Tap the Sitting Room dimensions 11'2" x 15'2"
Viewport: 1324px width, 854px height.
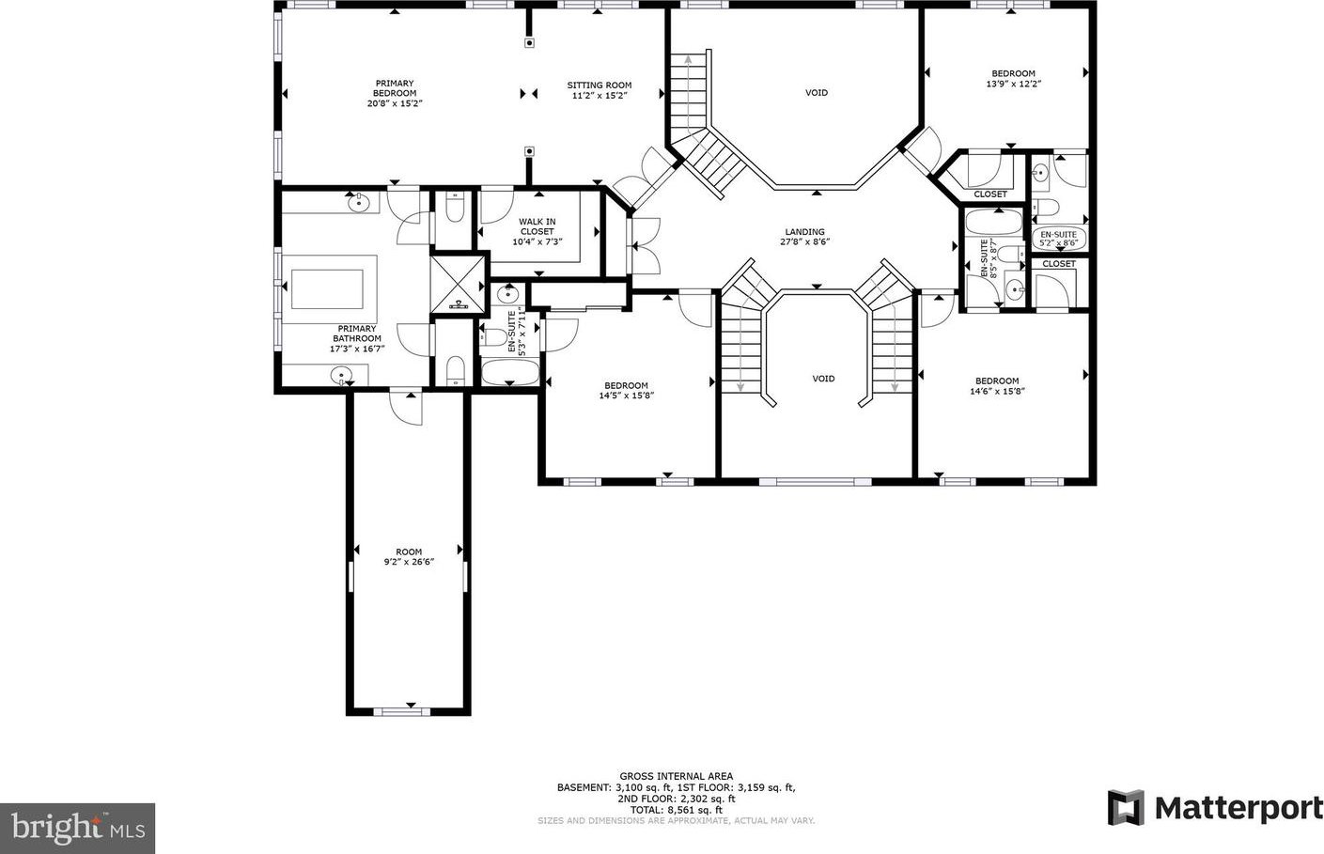(600, 95)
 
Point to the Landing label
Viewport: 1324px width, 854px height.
(804, 232)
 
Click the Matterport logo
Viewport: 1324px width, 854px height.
(1215, 808)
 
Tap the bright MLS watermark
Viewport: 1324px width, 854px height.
(77, 828)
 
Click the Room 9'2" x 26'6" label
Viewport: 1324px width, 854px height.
(409, 557)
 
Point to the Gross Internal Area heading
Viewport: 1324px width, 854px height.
(677, 776)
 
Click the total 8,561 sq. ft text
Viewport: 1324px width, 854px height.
(677, 810)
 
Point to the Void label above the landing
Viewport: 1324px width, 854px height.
(817, 93)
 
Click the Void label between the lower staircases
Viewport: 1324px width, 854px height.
(823, 379)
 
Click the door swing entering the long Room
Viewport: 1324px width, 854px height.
(407, 408)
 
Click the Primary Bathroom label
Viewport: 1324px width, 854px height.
(357, 338)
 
